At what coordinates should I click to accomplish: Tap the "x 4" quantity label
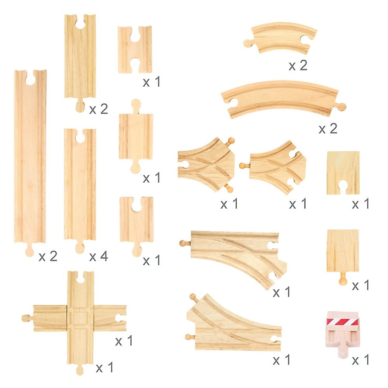point(98,257)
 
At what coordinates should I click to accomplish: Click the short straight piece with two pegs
point(136,136)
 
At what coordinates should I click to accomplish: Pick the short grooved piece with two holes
point(135,49)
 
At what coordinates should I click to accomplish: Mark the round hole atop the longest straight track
point(30,79)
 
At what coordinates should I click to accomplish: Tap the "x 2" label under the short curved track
point(298,66)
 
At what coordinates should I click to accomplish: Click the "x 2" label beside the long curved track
point(328,129)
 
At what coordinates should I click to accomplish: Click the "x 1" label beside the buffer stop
point(361,360)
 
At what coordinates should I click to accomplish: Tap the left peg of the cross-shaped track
point(26,318)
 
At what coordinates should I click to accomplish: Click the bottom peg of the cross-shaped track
point(80,370)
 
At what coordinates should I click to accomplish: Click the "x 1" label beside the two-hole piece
point(151,82)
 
